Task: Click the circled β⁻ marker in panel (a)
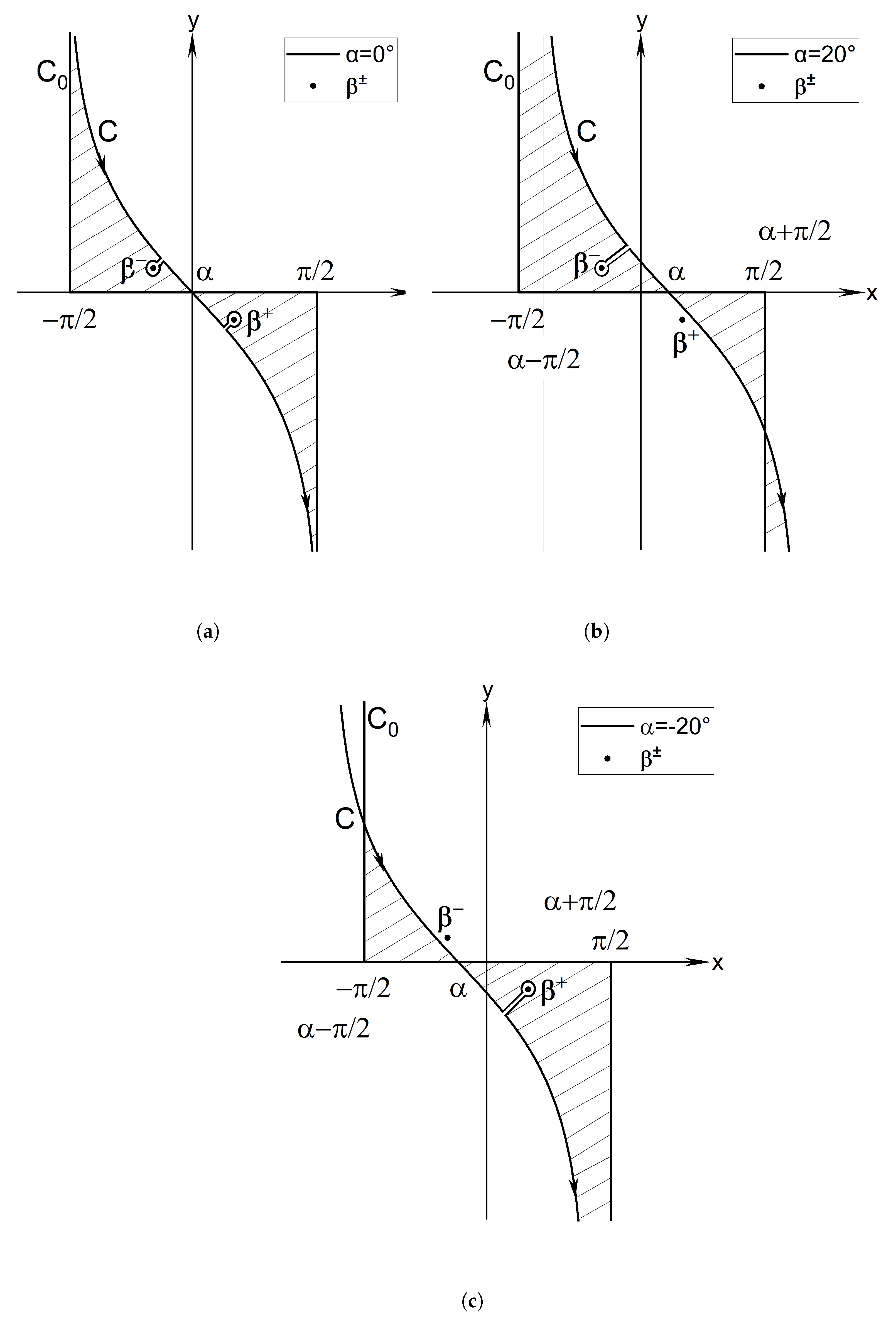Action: click(152, 269)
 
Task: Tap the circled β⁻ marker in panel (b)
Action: click(602, 268)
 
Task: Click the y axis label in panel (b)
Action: click(642, 21)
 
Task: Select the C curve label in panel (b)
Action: click(587, 132)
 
